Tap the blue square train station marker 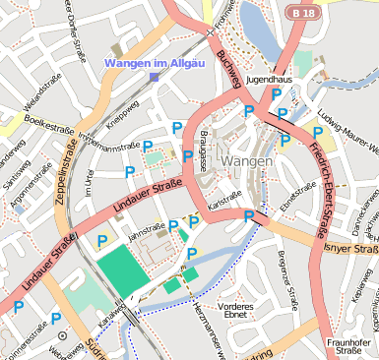pos(154,77)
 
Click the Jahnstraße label pos(146,230)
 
